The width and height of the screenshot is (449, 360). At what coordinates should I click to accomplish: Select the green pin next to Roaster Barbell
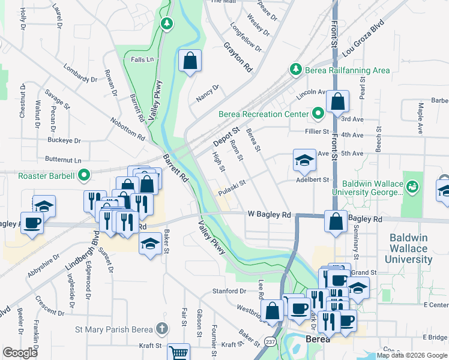click(85, 176)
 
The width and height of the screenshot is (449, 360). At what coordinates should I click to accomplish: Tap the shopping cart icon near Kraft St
click(178, 352)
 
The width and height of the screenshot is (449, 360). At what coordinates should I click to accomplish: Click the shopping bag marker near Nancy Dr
click(190, 60)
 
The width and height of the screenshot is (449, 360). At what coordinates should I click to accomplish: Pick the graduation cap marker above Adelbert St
click(304, 160)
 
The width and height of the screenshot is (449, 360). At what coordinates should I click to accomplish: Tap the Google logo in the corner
click(20, 352)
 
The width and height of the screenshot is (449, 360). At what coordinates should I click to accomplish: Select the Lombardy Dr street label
click(80, 74)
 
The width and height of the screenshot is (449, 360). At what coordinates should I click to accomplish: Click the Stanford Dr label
click(229, 291)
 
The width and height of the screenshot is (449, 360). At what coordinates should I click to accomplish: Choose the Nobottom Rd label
click(128, 128)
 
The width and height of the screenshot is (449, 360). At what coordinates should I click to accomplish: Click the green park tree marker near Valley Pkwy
click(167, 24)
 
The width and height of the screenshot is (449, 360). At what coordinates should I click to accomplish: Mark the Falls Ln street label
click(142, 60)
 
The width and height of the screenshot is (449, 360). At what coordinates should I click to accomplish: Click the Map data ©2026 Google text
click(412, 355)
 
